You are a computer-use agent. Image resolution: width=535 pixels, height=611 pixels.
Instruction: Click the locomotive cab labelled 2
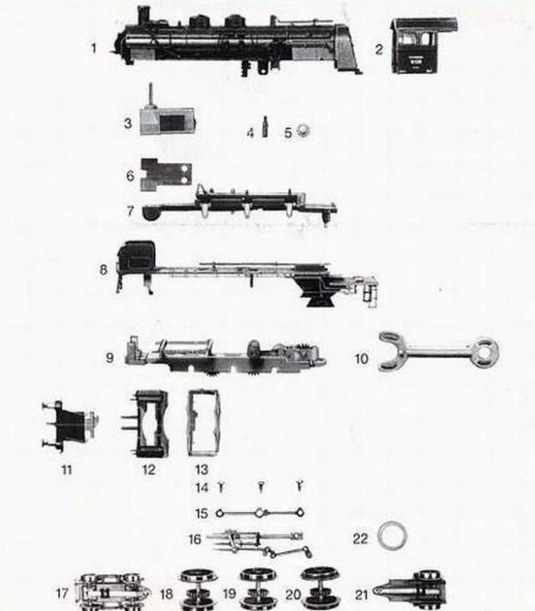(x=423, y=46)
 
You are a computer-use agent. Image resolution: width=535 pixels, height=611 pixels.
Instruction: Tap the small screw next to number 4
(x=265, y=126)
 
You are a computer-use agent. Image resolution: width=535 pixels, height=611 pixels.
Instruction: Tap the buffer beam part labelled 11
(x=70, y=427)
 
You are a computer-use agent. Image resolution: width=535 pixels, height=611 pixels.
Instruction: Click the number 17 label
(x=62, y=594)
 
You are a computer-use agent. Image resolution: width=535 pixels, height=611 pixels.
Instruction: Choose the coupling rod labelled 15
(x=259, y=513)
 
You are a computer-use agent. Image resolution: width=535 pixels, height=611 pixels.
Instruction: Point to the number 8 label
(x=103, y=269)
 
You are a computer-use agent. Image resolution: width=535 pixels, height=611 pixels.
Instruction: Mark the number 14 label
(x=202, y=487)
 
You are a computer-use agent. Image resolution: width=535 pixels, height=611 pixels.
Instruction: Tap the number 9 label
(x=110, y=357)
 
